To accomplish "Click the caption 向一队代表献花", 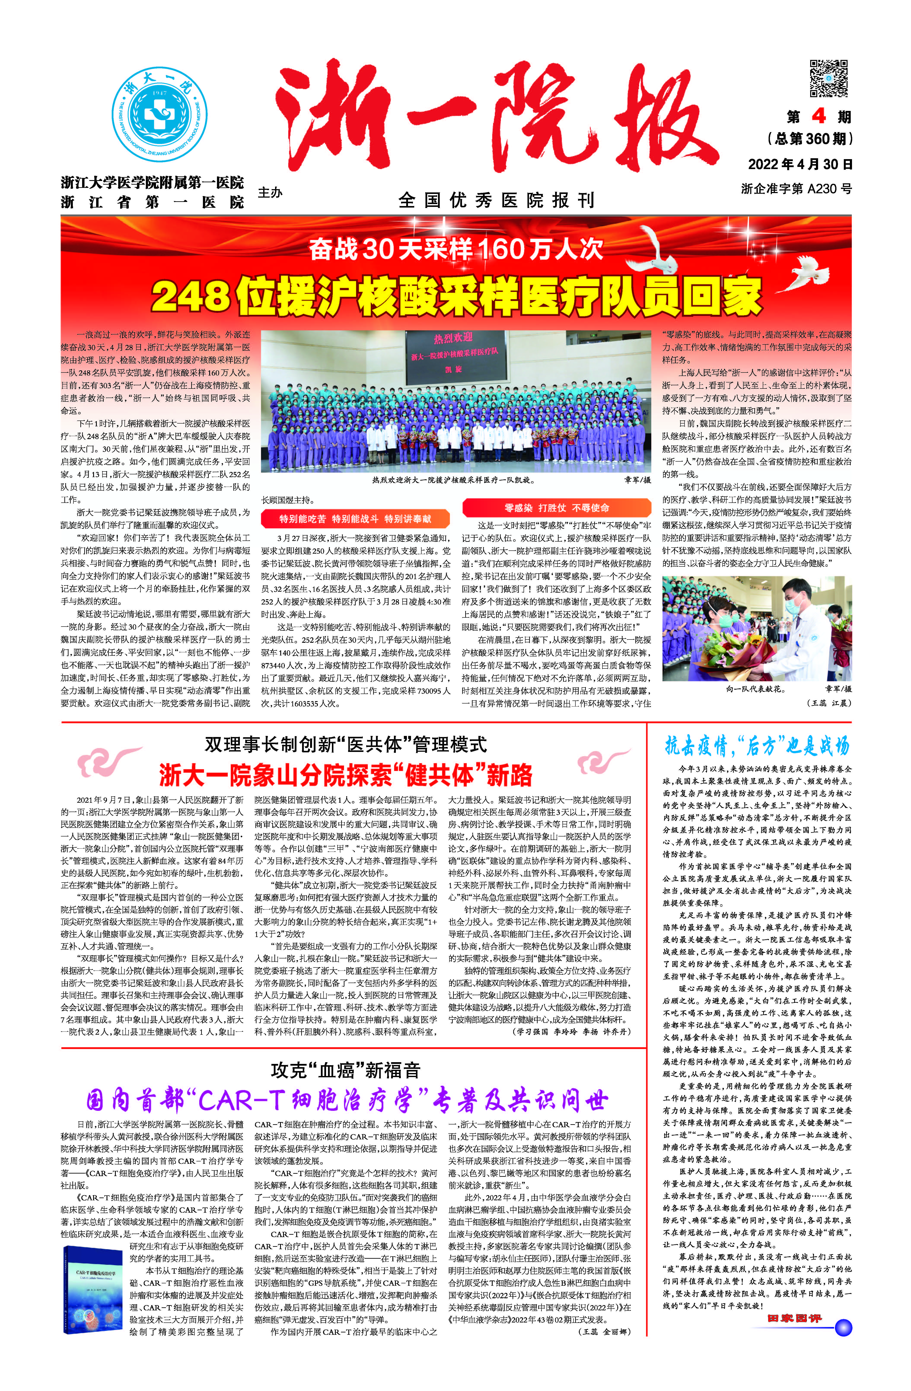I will pos(756,689).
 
